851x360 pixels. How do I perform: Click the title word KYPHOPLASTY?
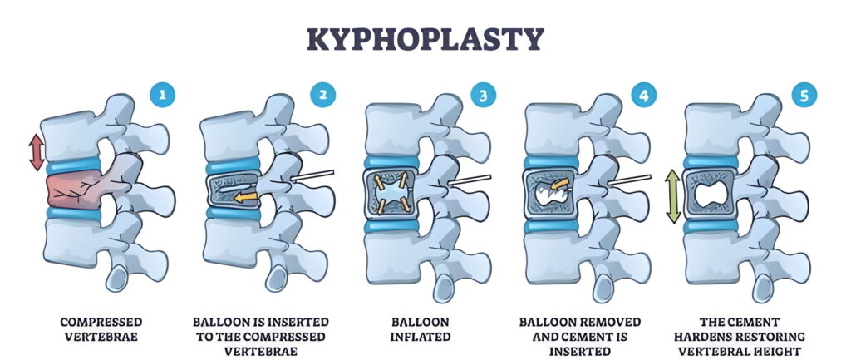[425, 39]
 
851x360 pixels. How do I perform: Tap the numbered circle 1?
[162, 96]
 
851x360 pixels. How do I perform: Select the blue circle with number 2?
[323, 96]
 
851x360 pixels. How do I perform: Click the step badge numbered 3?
[484, 96]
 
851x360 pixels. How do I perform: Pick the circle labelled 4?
[644, 96]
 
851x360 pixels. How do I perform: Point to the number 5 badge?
[804, 96]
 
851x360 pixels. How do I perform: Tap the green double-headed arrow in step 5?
[673, 196]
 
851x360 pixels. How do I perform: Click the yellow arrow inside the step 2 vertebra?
[245, 197]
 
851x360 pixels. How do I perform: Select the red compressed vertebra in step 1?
[74, 190]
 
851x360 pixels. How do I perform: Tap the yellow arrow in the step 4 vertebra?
[559, 185]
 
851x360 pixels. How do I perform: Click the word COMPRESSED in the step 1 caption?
[101, 322]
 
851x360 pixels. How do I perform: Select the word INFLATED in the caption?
[421, 337]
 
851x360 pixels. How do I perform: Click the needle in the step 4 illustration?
[629, 180]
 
